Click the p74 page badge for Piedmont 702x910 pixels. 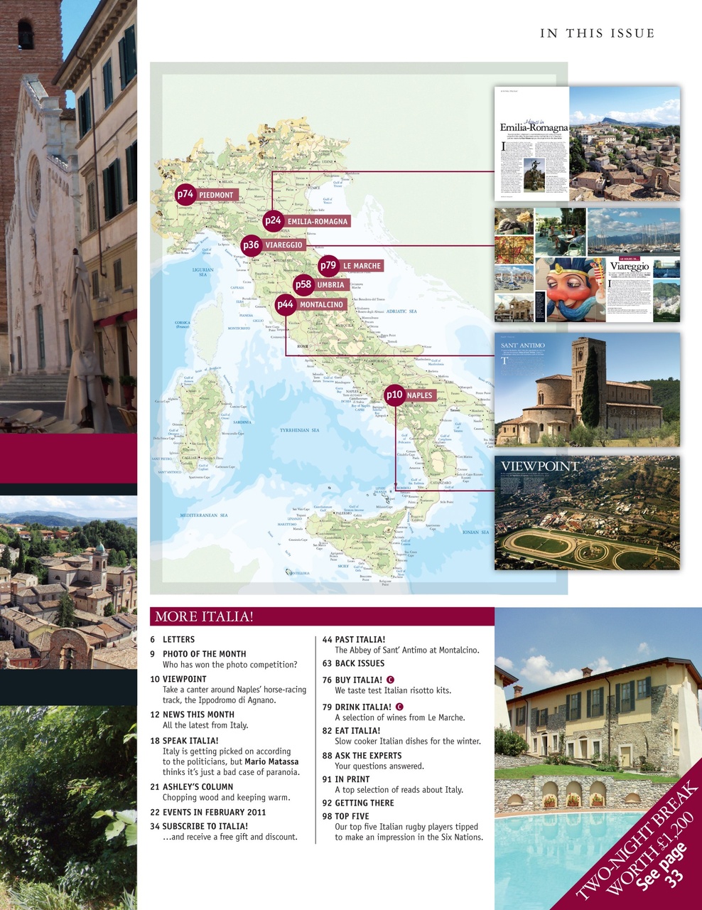185,193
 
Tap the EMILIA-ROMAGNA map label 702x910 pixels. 317,221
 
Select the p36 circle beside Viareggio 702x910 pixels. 251,245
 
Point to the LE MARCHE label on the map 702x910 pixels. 362,266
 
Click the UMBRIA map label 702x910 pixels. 330,284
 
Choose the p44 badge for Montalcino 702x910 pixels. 285,304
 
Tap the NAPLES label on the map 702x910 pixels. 419,395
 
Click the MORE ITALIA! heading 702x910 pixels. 204,616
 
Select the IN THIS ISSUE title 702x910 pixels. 597,33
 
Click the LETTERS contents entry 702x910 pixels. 178,640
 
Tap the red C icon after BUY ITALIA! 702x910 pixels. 390,680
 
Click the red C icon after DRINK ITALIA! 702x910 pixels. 399,707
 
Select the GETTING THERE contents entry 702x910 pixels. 364,803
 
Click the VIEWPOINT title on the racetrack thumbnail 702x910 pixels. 540,466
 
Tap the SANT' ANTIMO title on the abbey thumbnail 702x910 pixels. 522,346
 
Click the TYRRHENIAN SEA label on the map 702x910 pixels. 299,430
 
